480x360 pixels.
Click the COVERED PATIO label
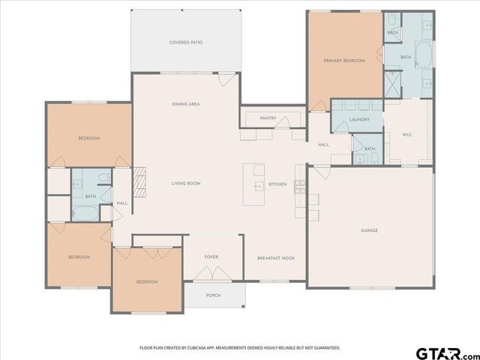(185, 43)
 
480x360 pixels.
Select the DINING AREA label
(185, 104)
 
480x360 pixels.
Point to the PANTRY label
(268, 118)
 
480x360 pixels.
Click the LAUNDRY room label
(359, 120)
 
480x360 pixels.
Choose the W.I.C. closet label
(407, 135)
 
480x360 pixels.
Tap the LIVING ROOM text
(185, 183)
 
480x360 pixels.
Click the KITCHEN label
(277, 184)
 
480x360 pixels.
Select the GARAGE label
(369, 230)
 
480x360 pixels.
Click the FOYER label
(211, 257)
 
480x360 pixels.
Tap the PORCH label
(213, 295)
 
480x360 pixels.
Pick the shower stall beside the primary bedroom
(391, 83)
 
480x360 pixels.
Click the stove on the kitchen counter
(299, 187)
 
